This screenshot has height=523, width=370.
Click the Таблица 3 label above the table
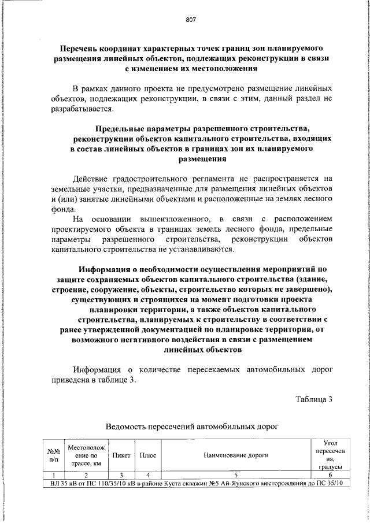point(314,398)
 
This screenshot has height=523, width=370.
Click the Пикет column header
point(121,455)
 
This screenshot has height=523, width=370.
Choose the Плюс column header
point(149,455)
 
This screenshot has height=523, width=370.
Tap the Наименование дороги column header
point(235,455)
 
